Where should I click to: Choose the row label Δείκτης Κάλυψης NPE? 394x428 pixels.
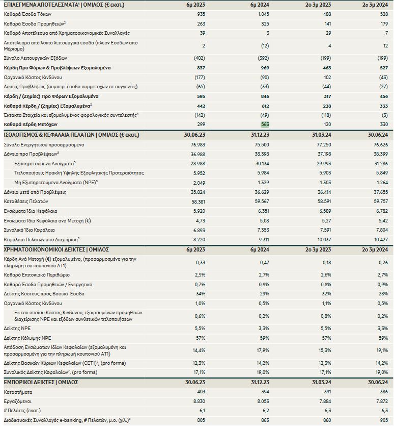[x=27, y=338]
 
